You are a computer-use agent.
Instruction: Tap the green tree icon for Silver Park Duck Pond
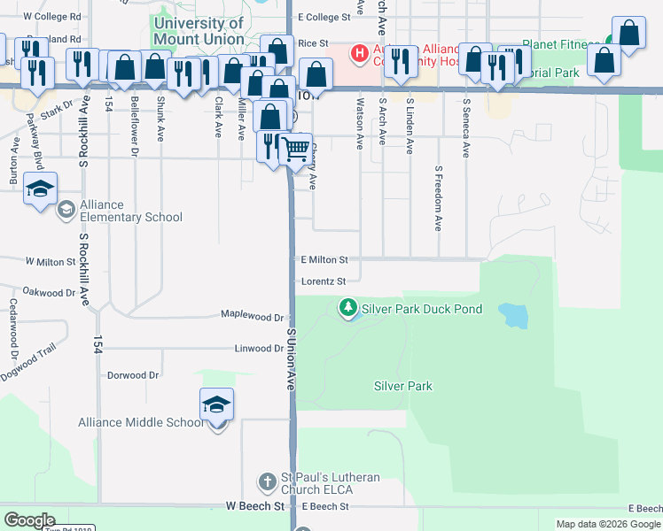click(x=348, y=308)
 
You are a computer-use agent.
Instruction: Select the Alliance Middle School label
click(x=141, y=422)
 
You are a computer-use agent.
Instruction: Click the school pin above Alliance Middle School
click(x=217, y=405)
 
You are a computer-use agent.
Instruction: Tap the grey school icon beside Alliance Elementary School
click(x=66, y=210)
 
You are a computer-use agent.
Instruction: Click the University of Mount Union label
click(x=198, y=31)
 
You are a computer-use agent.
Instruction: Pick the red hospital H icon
click(x=360, y=54)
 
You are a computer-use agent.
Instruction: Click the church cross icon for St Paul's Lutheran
click(x=267, y=482)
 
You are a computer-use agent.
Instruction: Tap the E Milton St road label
click(x=324, y=260)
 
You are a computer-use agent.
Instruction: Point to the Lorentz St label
click(x=316, y=281)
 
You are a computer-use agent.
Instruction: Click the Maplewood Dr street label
click(x=252, y=316)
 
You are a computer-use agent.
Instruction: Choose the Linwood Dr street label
click(x=259, y=349)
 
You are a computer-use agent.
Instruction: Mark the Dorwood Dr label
click(x=133, y=375)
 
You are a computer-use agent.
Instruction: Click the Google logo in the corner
click(x=29, y=520)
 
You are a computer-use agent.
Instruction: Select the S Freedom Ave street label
click(x=438, y=198)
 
